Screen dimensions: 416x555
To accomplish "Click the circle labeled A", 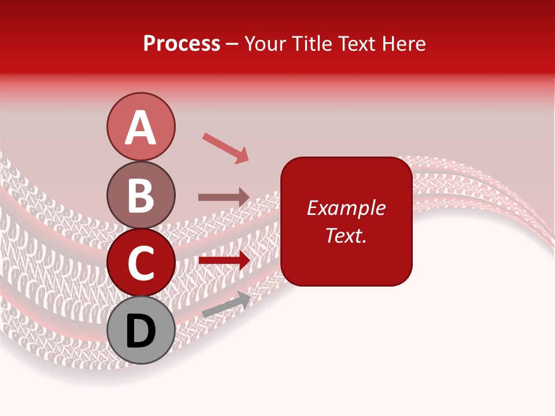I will point(140,127).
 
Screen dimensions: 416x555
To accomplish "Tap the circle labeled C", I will point(140,262).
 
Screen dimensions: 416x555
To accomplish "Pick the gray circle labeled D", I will point(140,330).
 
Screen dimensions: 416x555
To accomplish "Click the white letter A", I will point(140,128).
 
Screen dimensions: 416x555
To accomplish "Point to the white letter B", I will point(140,195).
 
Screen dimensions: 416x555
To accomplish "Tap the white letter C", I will point(140,263).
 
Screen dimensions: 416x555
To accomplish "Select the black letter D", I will point(140,331).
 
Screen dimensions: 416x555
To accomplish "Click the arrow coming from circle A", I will point(225,147).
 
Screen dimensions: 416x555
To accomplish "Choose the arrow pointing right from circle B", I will point(224,197).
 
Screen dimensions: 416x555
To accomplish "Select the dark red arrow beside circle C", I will point(224,260).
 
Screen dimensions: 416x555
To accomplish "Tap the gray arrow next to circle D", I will point(226,304).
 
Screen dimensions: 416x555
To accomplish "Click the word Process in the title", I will point(182,44).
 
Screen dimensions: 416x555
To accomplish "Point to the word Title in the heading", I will point(312,44).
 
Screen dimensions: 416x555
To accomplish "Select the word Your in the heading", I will point(266,44).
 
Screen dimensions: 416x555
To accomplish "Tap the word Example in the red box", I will point(346,208).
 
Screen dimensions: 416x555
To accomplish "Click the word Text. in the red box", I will point(346,235).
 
